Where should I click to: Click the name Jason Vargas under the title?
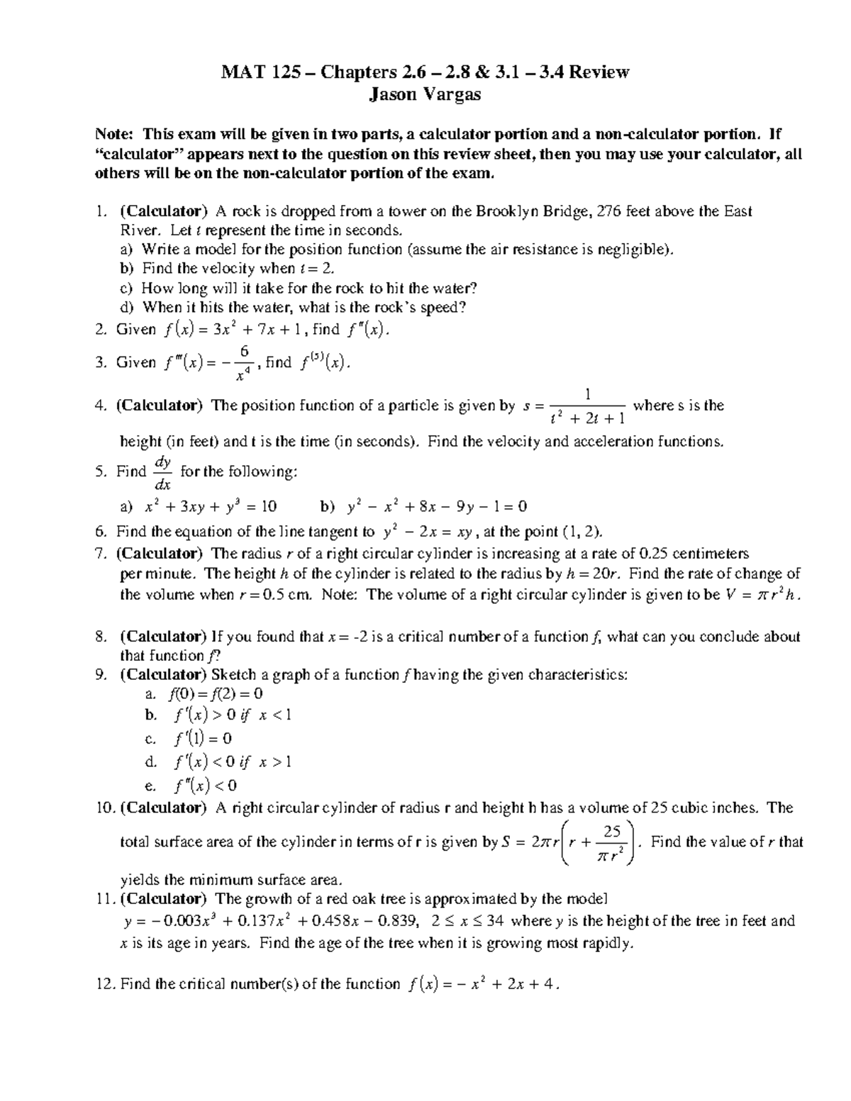pyautogui.click(x=425, y=94)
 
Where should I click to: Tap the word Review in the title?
pyautogui.click(x=601, y=72)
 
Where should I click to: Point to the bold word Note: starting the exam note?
pyautogui.click(x=114, y=135)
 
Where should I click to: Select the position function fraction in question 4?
pyautogui.click(x=588, y=406)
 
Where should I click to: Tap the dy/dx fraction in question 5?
pyautogui.click(x=162, y=473)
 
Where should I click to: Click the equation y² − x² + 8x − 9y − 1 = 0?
pyautogui.click(x=437, y=507)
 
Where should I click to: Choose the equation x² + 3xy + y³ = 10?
pyautogui.click(x=210, y=507)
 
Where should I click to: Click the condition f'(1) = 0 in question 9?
pyautogui.click(x=203, y=739)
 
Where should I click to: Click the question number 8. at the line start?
pyautogui.click(x=101, y=637)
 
